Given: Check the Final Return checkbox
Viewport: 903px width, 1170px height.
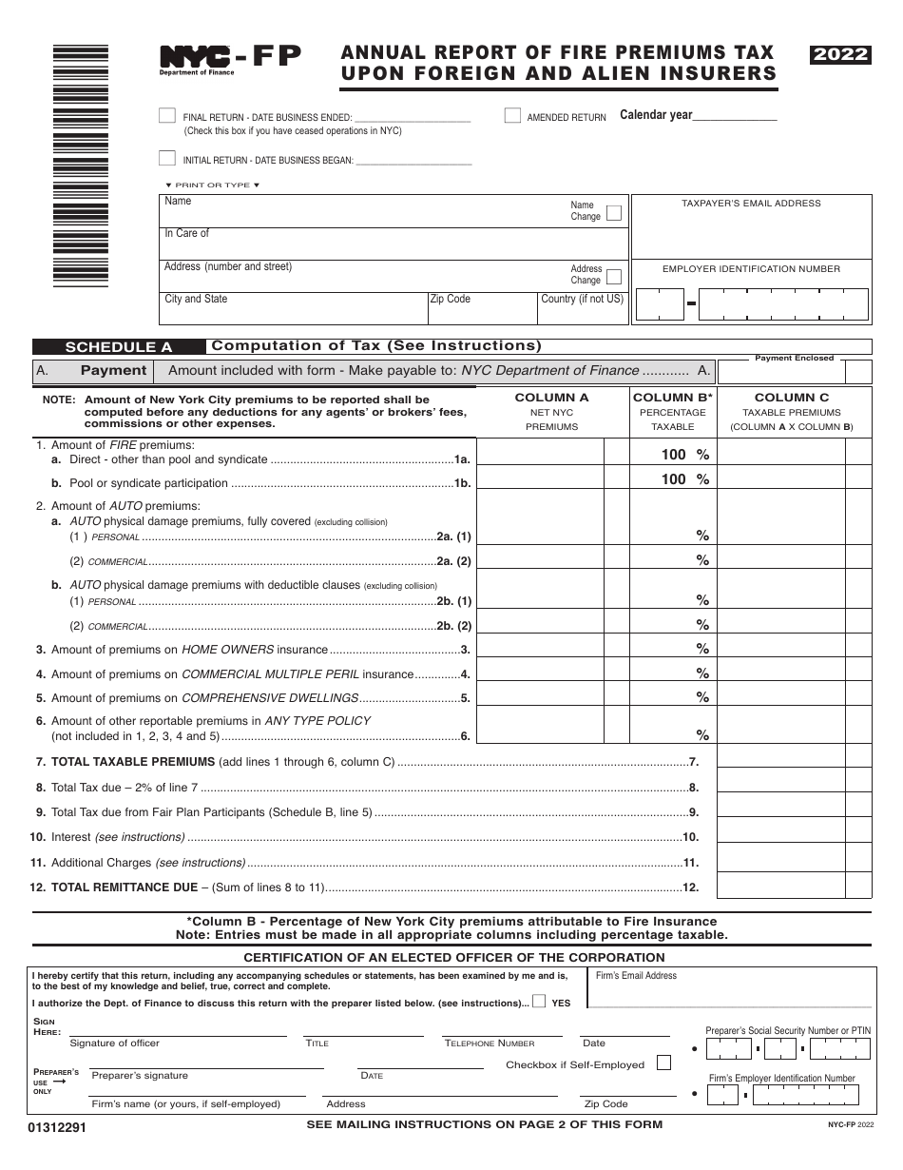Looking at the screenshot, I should tap(167, 115).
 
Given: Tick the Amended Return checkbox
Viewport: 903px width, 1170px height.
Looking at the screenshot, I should tap(512, 115).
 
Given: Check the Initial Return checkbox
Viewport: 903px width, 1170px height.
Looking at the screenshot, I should tap(167, 159).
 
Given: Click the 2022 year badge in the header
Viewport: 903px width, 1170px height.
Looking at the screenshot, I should tap(840, 55).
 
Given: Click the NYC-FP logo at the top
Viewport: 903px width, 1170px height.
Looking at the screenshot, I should tap(230, 59).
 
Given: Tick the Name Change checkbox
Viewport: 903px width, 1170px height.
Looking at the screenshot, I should tap(614, 212).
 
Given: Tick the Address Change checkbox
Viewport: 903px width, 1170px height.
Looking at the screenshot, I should tap(614, 277).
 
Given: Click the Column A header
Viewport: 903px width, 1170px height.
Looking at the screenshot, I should tap(551, 398).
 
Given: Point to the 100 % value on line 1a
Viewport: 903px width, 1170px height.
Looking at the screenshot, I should tap(685, 455).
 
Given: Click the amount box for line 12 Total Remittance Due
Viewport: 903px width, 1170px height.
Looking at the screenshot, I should tap(780, 886).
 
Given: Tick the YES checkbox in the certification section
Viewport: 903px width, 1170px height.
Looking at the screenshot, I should tap(539, 1002).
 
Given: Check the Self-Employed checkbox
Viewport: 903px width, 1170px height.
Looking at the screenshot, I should tap(663, 1063).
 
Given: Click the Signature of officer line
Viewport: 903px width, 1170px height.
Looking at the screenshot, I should tap(178, 1030).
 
